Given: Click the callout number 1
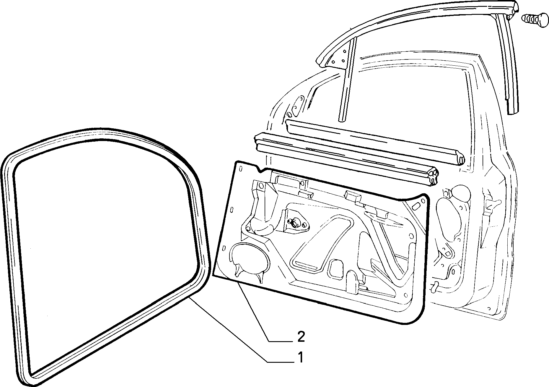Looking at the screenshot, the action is pyautogui.click(x=300, y=357).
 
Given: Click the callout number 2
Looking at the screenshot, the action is pyautogui.click(x=301, y=337).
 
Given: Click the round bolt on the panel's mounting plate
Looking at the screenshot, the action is pyautogui.click(x=295, y=224).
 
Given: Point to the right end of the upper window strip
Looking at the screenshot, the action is pyautogui.click(x=459, y=158).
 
